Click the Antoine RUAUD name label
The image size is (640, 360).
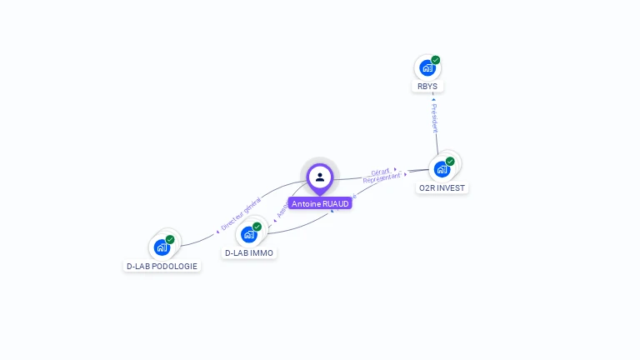(320, 203)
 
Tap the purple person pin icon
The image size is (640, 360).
(320, 177)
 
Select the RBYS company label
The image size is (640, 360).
(427, 87)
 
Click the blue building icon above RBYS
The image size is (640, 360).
(427, 67)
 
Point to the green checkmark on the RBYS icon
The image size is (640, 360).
(436, 60)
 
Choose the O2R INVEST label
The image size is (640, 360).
(442, 187)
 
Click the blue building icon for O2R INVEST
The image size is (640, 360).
(442, 168)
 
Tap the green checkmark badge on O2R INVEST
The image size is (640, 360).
(450, 161)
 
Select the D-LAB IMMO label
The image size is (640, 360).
(249, 252)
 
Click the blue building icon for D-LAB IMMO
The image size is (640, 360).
(248, 234)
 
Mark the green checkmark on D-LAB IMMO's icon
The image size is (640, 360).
(257, 227)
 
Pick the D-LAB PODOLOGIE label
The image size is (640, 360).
(162, 266)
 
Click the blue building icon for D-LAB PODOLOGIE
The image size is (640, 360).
(162, 247)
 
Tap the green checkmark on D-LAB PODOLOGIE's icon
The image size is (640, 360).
(170, 239)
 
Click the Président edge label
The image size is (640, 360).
(434, 118)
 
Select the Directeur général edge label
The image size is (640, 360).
(241, 213)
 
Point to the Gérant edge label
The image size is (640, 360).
(381, 171)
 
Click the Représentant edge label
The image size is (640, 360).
(382, 177)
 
